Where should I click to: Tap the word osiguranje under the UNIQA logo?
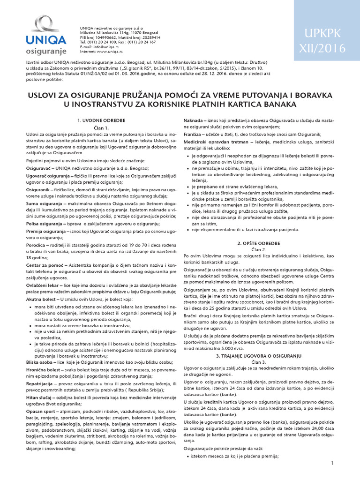pos(46,50)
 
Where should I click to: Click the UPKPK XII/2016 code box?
pos(327,41)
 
